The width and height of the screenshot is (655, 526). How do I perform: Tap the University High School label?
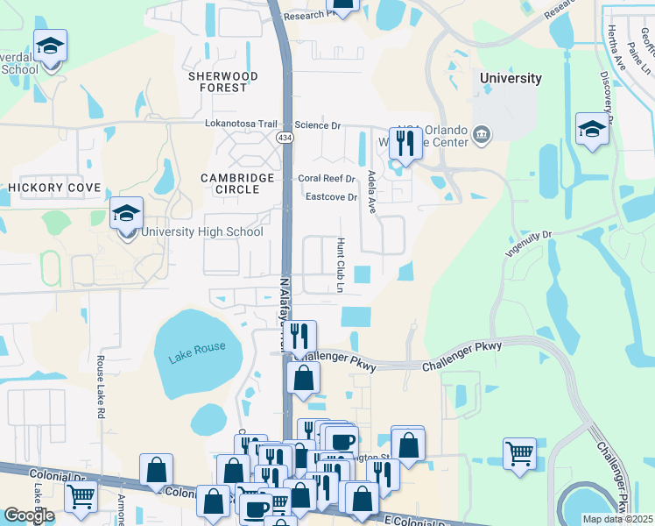(x=202, y=232)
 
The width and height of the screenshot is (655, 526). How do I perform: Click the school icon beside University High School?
(x=126, y=213)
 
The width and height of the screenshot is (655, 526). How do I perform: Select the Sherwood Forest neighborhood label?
(x=223, y=82)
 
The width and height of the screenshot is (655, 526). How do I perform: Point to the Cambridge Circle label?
(x=237, y=183)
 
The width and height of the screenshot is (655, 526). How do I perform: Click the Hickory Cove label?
(x=54, y=188)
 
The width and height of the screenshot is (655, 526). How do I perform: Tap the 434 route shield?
(x=285, y=139)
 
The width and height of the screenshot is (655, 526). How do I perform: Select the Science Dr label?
(x=317, y=126)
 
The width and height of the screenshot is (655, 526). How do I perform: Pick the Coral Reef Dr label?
(x=327, y=179)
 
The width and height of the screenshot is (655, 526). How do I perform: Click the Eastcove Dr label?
(x=331, y=197)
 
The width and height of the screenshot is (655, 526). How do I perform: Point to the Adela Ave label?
(x=371, y=192)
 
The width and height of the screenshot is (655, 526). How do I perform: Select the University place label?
(x=511, y=78)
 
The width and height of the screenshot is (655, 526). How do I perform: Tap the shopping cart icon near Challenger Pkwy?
(x=519, y=453)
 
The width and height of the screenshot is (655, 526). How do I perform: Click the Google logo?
(x=29, y=515)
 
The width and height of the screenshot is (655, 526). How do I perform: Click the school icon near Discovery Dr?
(x=593, y=129)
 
